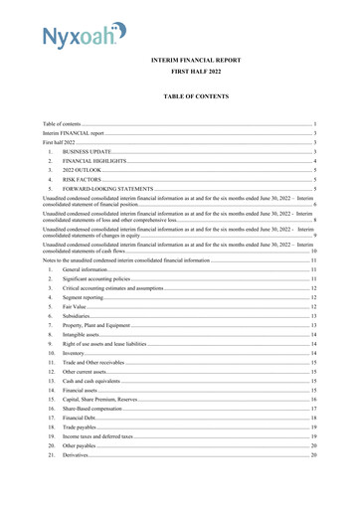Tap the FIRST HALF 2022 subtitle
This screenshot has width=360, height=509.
pos(198,73)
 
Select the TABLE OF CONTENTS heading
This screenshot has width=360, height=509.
pos(198,96)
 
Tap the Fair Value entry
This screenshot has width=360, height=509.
pos(76,307)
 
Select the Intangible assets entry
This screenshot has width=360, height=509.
pos(84,335)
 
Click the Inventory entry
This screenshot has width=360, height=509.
pos(76,353)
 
